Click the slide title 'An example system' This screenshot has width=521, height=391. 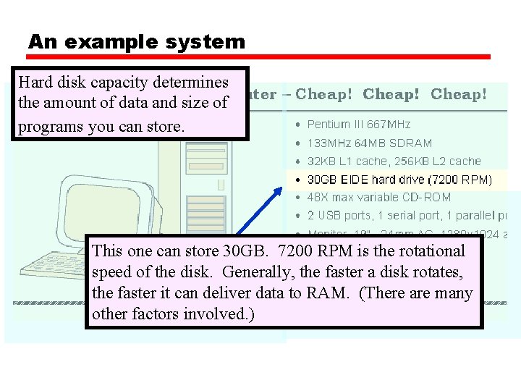click(137, 42)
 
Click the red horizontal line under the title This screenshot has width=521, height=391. click(259, 56)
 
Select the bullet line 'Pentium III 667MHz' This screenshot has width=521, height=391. click(359, 125)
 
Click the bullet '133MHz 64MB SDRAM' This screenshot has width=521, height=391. click(369, 143)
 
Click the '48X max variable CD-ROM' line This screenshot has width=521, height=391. click(378, 197)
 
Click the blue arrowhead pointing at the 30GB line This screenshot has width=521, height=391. click(281, 191)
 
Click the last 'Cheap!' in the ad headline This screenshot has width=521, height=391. click(458, 94)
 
